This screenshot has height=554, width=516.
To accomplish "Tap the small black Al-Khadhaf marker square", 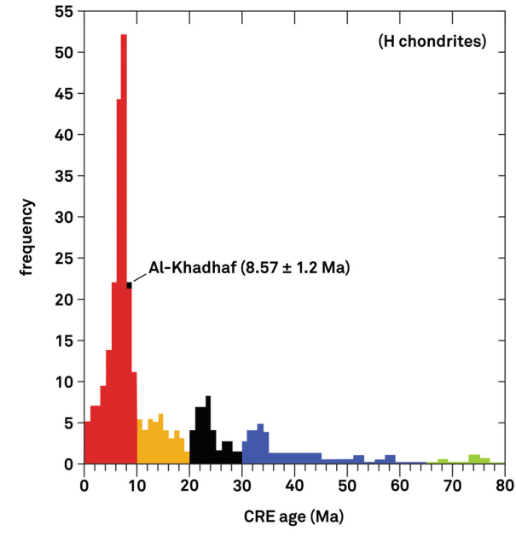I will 129,285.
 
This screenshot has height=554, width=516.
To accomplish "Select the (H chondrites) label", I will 432,41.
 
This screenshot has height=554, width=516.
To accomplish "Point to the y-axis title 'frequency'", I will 28,237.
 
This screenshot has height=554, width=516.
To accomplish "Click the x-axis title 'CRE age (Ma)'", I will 294,516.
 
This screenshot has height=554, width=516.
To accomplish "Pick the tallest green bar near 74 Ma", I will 474,458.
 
